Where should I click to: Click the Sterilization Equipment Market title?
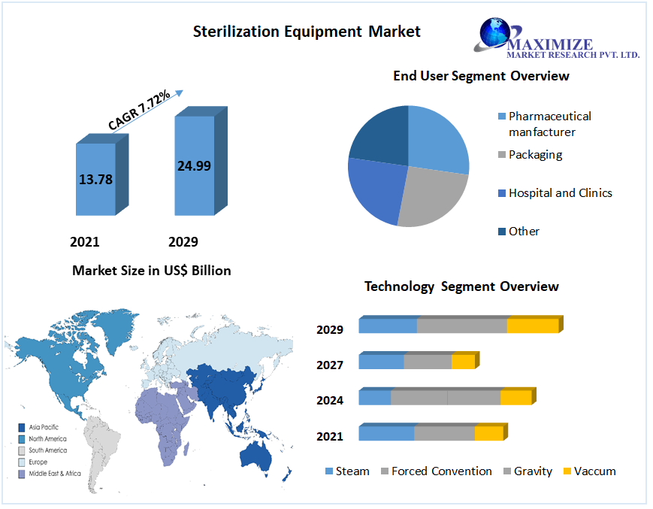point(307,32)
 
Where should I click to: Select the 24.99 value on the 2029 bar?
point(194,166)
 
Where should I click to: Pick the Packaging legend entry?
point(535,155)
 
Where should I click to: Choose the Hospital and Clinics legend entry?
point(560,193)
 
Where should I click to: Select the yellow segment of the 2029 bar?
point(533,326)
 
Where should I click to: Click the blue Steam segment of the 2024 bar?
point(375,397)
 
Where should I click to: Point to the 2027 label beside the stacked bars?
point(330,365)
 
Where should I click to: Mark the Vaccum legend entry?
point(594,471)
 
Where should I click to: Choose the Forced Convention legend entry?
point(441,471)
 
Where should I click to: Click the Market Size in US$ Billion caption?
point(151,271)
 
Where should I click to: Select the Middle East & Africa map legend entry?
point(54,474)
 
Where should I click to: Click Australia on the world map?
point(255,453)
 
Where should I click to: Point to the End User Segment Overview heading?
point(481,76)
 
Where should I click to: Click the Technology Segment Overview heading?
point(461,286)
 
